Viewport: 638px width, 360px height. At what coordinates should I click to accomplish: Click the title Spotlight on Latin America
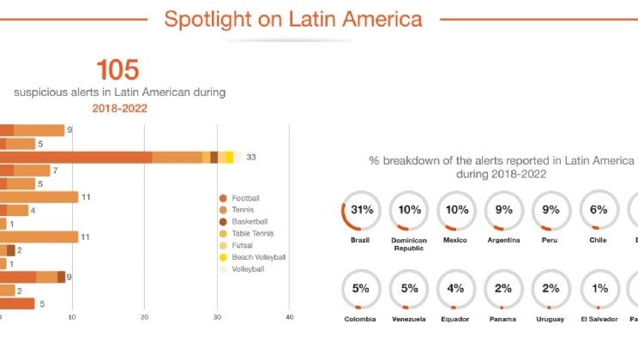[292, 19]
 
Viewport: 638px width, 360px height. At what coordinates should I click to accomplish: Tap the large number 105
[117, 70]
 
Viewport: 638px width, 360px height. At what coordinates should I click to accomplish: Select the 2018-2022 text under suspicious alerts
[119, 109]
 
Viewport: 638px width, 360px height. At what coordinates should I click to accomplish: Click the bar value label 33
[251, 157]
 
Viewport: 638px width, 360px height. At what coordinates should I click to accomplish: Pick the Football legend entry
[245, 198]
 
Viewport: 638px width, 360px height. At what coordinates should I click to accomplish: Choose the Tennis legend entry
[244, 210]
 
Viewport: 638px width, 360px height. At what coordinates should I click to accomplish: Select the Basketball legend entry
[250, 222]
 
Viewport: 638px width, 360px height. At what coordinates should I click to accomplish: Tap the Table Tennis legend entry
[251, 233]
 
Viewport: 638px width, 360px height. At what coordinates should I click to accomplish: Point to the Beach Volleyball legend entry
[258, 257]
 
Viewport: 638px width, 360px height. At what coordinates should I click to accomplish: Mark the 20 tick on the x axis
[145, 316]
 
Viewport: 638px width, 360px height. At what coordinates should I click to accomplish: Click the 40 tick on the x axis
[290, 316]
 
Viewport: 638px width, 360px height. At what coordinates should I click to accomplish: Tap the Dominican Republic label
[408, 244]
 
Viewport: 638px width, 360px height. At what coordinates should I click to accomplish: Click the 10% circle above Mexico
[455, 210]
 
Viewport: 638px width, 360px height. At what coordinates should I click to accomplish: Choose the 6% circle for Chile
[598, 210]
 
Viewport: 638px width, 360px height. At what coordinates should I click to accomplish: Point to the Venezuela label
[408, 320]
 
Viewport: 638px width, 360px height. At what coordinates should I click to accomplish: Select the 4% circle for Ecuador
[455, 290]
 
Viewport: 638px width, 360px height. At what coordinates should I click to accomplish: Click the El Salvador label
[598, 320]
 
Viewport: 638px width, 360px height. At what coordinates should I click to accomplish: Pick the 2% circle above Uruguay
[551, 290]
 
